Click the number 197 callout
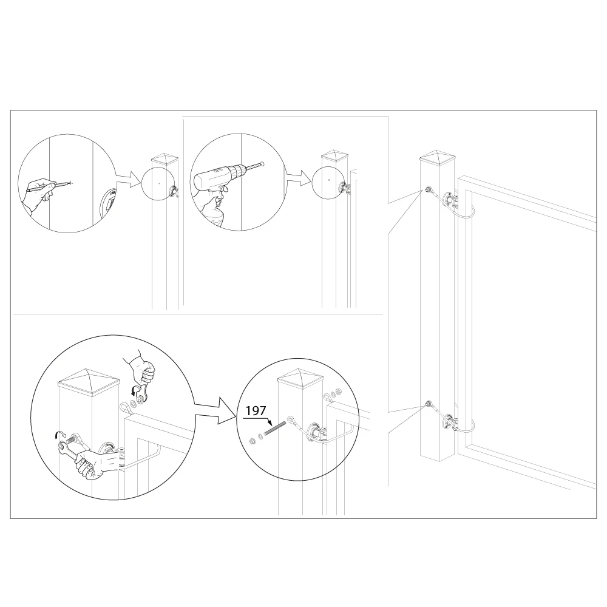[x=256, y=410]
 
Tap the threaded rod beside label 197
[x=275, y=429]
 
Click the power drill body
[x=217, y=175]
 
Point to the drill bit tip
[x=263, y=164]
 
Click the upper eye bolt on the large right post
[x=428, y=189]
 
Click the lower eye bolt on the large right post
[x=428, y=404]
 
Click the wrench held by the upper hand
[x=141, y=390]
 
